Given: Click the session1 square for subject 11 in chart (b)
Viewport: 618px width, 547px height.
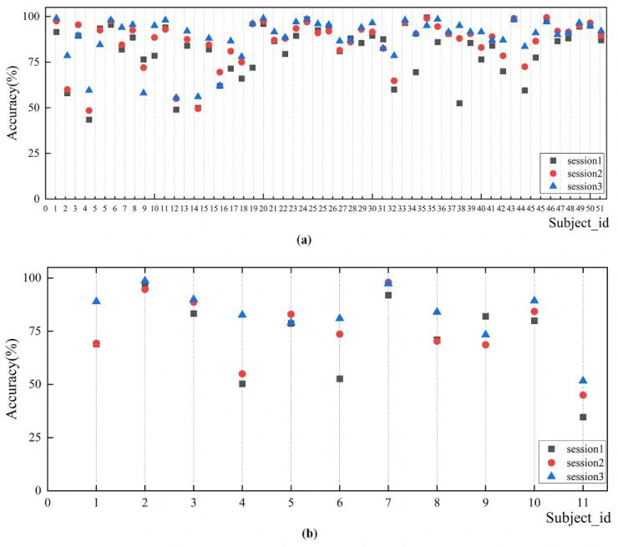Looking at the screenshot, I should (581, 417).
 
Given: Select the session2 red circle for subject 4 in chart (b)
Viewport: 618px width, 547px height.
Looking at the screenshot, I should (241, 374).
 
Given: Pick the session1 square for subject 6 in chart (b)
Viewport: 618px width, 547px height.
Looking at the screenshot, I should (339, 378).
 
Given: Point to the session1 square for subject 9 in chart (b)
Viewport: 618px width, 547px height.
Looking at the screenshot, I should (484, 317).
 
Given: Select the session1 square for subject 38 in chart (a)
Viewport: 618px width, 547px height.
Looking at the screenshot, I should (459, 103).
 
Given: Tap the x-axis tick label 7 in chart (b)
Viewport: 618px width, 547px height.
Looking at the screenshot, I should (387, 503).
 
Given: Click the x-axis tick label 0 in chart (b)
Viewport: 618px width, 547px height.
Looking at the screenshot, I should (48, 503).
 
